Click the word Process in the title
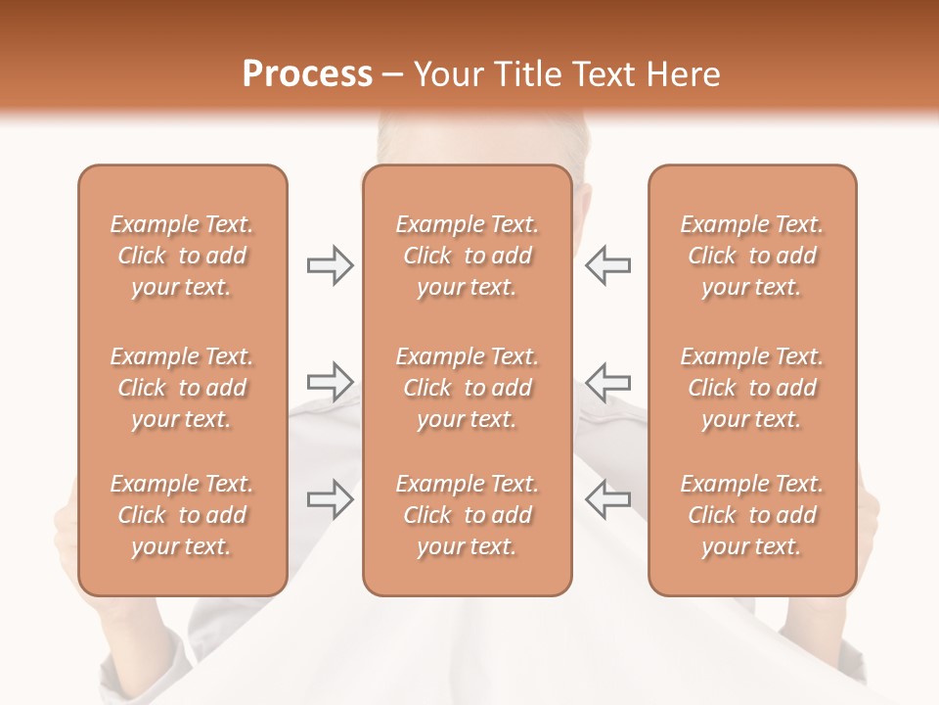coord(307,74)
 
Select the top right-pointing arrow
coord(330,265)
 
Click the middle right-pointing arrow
coord(330,382)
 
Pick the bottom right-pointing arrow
coord(330,499)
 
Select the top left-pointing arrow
coord(607,265)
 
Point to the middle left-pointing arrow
coord(607,382)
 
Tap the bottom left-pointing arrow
coord(607,499)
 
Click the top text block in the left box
coord(182,256)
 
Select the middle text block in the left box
coord(182,388)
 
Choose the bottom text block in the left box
coord(182,515)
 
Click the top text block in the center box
coord(467,256)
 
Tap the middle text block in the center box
coord(467,388)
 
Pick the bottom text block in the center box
coord(467,515)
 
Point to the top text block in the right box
coord(752,256)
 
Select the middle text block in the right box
coord(752,388)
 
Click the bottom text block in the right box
coord(752,515)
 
